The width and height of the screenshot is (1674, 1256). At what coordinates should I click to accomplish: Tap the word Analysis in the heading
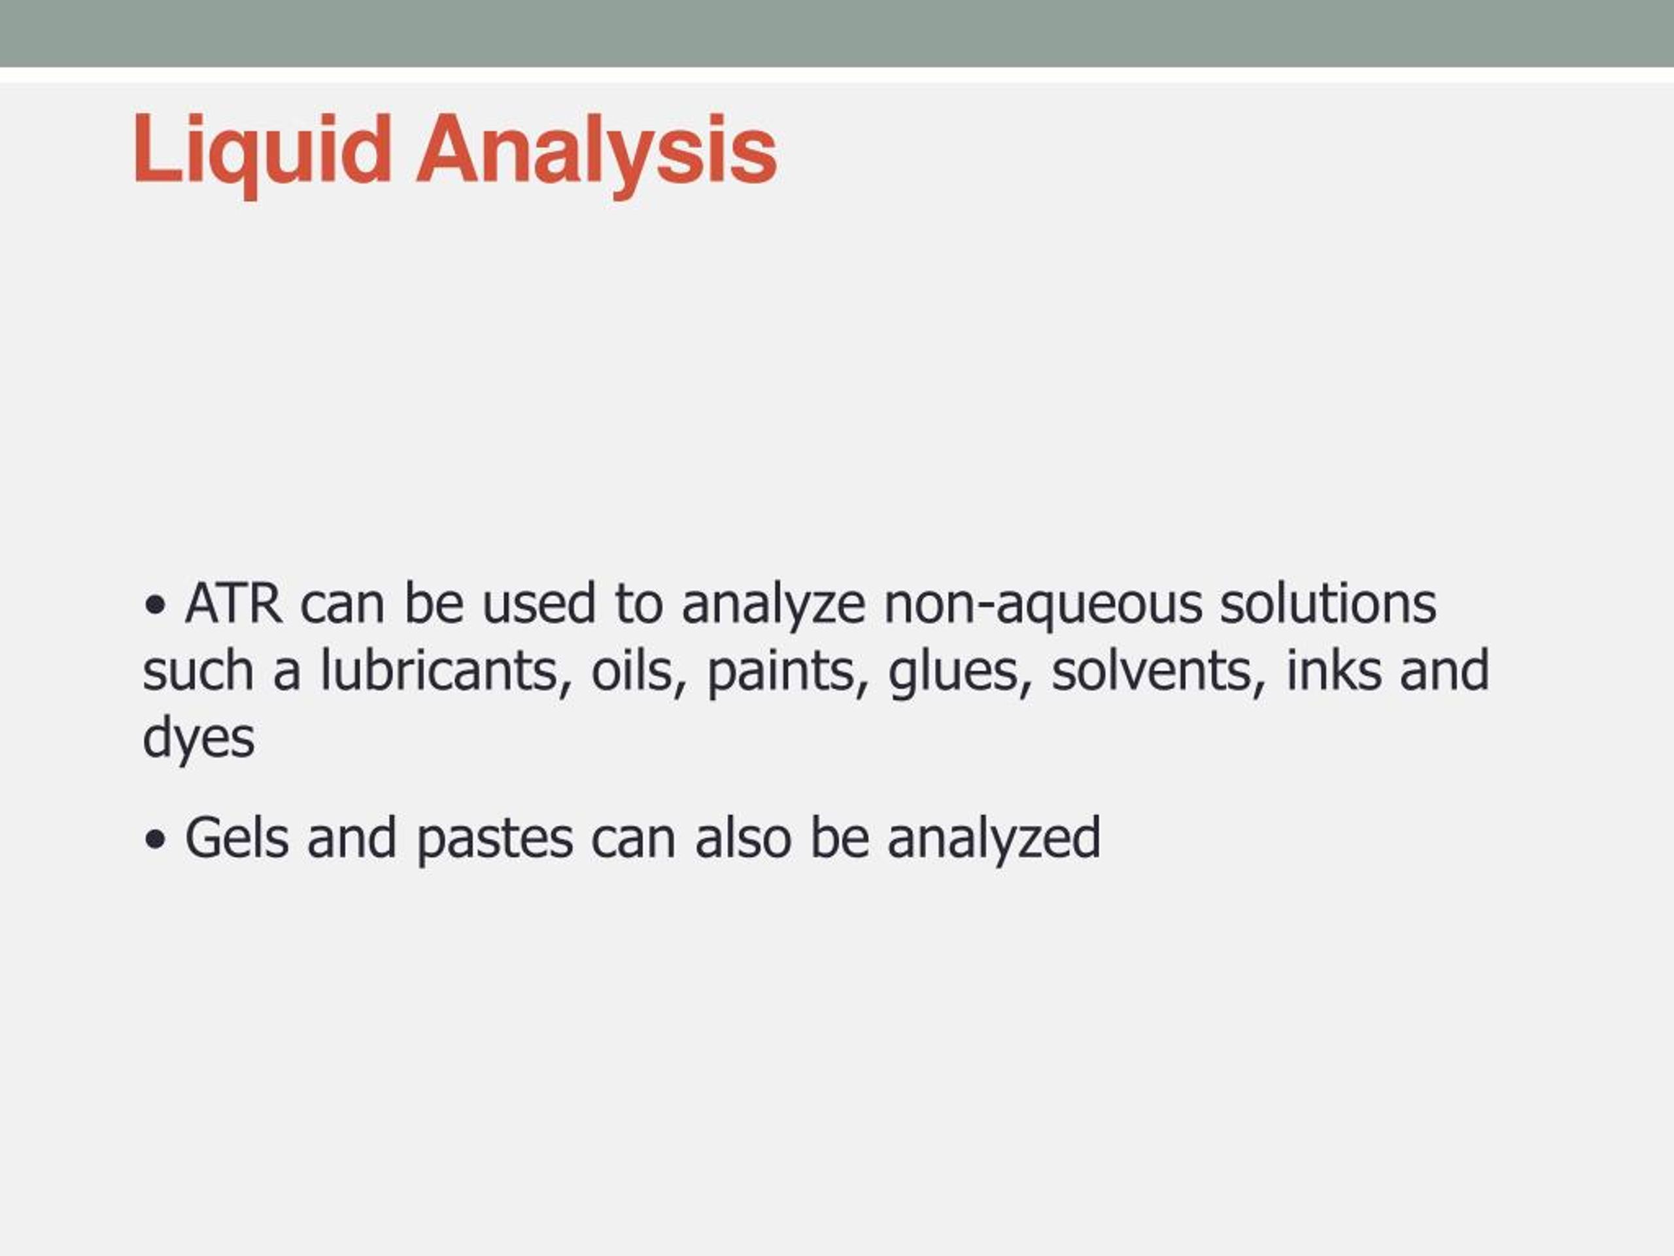coord(597,154)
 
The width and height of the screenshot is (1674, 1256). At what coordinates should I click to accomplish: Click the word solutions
coord(1327,603)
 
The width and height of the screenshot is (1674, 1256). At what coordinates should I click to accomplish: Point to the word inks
coord(1333,669)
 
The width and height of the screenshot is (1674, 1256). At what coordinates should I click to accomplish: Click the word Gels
coord(237,838)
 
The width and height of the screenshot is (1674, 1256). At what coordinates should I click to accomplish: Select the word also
coord(743,837)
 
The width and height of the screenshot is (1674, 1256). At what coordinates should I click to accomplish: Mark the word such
coord(198,669)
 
